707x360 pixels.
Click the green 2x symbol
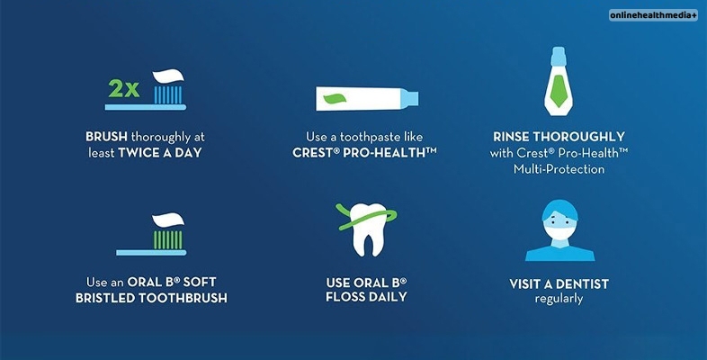[123, 88]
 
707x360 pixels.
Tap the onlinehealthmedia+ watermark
[653, 15]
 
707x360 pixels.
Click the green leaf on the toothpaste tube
[335, 99]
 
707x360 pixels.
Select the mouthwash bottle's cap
[559, 57]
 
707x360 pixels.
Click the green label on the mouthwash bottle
[559, 91]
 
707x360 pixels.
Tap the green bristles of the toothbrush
[167, 240]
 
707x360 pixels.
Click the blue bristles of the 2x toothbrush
[167, 95]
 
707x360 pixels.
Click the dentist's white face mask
[559, 233]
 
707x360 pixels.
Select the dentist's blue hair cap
[559, 210]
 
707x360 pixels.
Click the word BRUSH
[106, 137]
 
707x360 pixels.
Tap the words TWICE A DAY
[159, 153]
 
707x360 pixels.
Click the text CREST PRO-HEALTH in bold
[364, 152]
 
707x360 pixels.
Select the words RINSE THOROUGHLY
[559, 137]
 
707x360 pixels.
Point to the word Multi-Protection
[559, 169]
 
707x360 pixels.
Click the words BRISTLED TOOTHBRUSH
[151, 298]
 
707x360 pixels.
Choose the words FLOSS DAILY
[367, 297]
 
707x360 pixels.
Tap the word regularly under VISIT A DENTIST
[559, 299]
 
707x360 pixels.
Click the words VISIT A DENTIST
[559, 284]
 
